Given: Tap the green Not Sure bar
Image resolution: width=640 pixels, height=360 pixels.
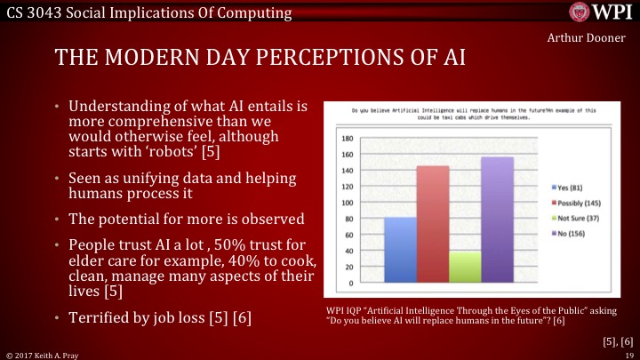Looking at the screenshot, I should click(465, 267).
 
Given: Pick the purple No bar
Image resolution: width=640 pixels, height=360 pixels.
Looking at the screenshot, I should click(497, 220).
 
